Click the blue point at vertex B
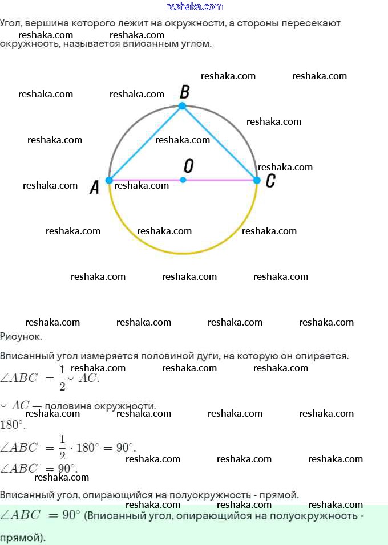(183, 106)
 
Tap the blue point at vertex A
(110, 180)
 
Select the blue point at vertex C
(257, 180)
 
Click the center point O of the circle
(183, 180)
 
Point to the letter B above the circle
(184, 91)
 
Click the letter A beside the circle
(95, 187)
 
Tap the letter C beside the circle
(270, 181)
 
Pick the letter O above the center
(189, 166)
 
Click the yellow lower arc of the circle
(183, 253)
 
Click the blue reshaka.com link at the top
(195, 6)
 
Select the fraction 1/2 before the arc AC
(62, 378)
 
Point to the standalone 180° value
(13, 425)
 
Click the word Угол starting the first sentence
(10, 23)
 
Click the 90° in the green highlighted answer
(72, 515)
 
